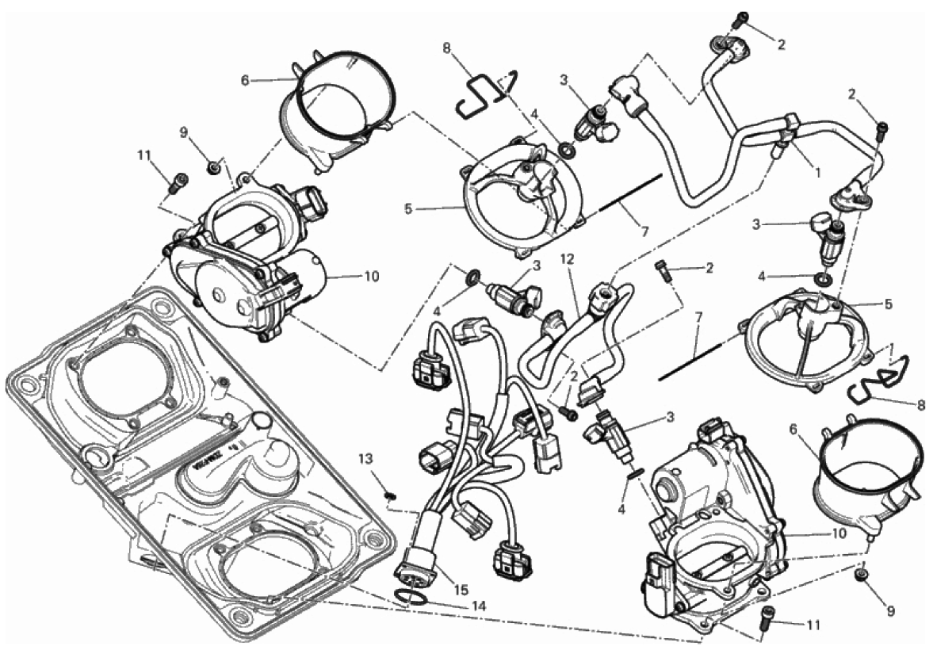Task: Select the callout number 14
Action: [x=478, y=606]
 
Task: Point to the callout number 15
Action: [x=460, y=591]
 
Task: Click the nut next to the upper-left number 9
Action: [x=212, y=168]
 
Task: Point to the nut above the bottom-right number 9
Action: [x=861, y=575]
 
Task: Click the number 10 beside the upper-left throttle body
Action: [x=372, y=277]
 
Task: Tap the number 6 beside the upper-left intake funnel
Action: [x=244, y=81]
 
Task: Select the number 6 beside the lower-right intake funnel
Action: [x=793, y=429]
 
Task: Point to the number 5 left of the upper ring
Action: [x=407, y=210]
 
